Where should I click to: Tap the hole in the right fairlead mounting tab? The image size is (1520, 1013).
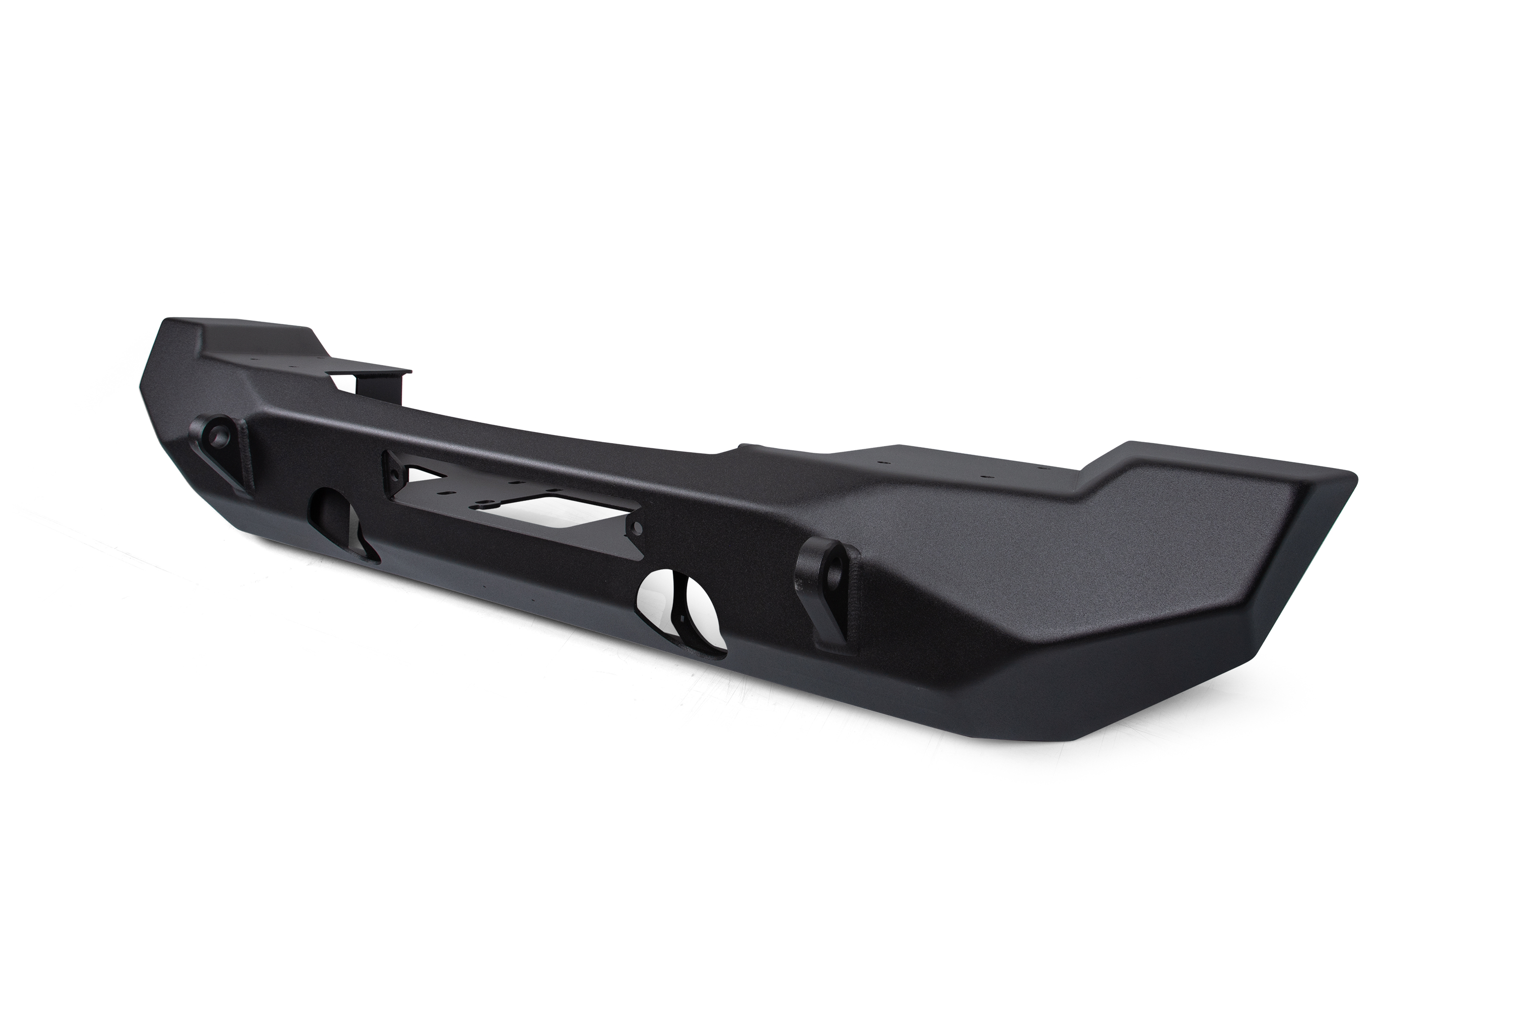pyautogui.click(x=637, y=528)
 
